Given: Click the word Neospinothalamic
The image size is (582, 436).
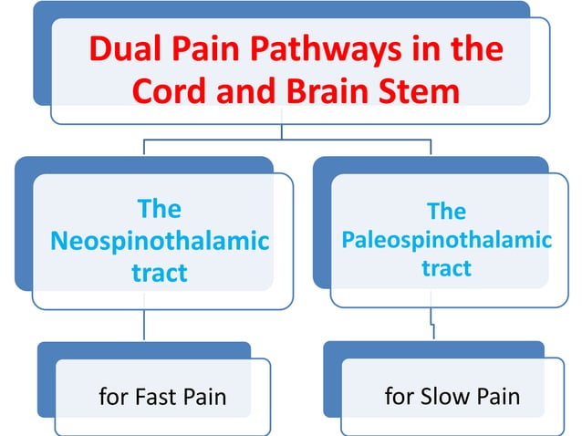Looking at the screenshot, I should coord(160,241).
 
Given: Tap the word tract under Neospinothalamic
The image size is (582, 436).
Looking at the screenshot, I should coord(160,272).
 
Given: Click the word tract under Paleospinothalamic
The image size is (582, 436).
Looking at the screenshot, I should coord(446,267).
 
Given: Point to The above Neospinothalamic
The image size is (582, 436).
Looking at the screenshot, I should coord(160,210).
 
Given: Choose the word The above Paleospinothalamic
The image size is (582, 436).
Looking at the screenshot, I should coord(446,212).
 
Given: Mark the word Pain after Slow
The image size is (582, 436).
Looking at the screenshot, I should coord(496,397).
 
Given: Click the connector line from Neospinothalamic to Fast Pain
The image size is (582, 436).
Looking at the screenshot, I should coord(145,325).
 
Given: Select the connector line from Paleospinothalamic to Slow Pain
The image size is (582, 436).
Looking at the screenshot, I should coord(432,324).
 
